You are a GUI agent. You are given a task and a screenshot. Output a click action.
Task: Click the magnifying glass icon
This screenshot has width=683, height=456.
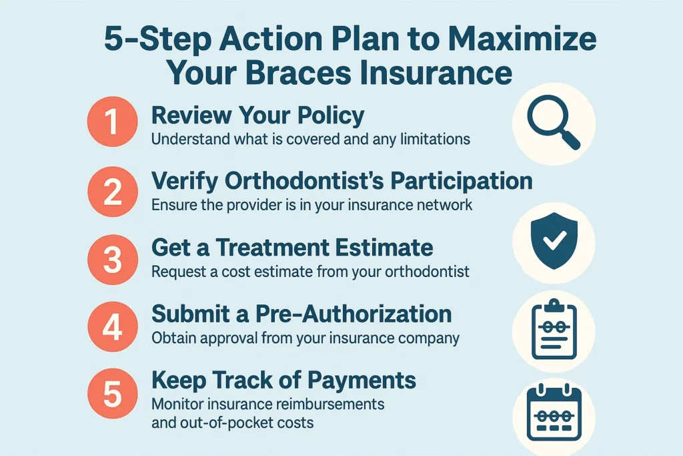point(553,123)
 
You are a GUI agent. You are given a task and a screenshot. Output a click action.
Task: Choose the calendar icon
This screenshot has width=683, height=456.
point(553,414)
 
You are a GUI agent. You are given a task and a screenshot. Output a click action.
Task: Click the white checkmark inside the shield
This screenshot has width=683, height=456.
point(553,242)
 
